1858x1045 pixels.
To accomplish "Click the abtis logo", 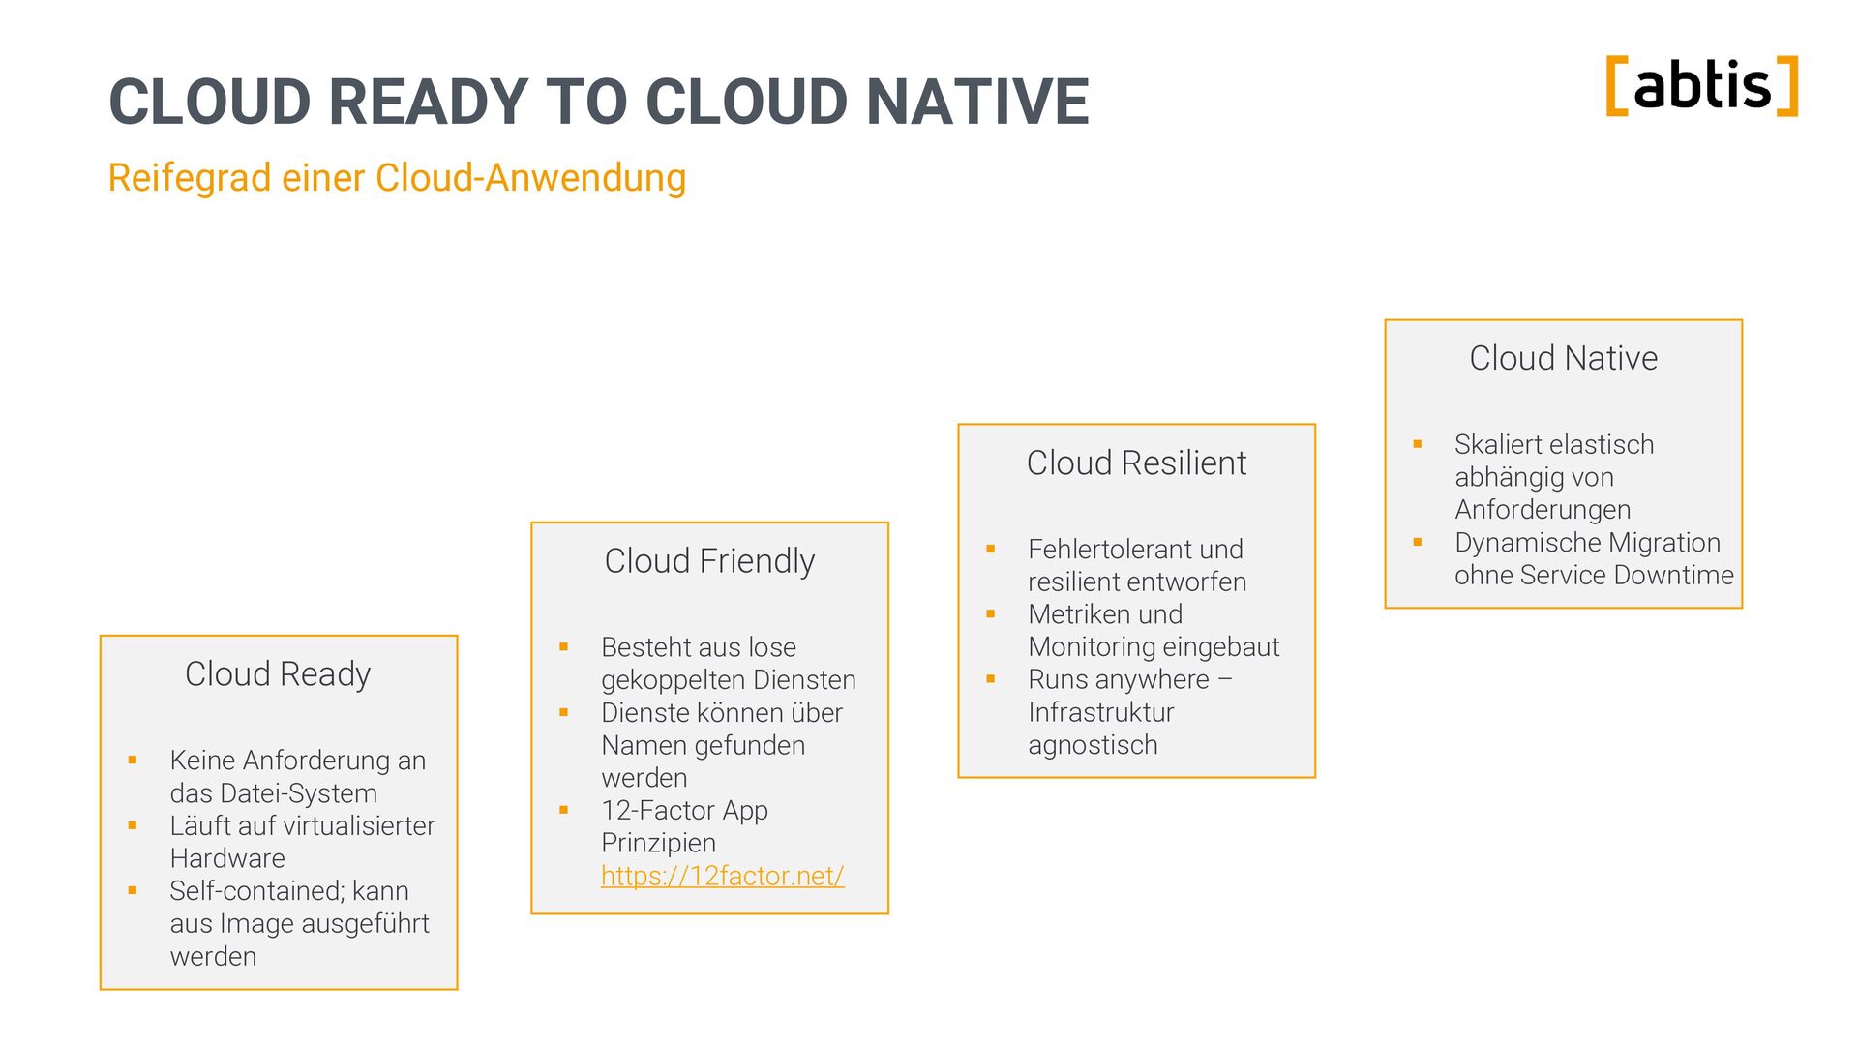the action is click(x=1702, y=86).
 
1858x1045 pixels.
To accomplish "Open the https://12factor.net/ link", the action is click(x=722, y=876).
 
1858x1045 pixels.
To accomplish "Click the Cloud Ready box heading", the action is click(x=278, y=673).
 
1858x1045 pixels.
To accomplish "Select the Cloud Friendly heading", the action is click(x=709, y=560).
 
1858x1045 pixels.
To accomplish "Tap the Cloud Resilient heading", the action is click(x=1136, y=463).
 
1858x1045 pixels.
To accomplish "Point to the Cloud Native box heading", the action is click(x=1563, y=358).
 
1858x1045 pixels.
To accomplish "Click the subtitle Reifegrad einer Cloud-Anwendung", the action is click(x=397, y=178).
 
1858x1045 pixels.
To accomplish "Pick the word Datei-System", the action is click(x=299, y=793).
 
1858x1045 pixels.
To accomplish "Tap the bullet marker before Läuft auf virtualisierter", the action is click(x=133, y=825).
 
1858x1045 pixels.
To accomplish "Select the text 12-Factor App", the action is click(x=684, y=811).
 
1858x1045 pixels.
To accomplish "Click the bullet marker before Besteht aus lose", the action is click(x=563, y=646).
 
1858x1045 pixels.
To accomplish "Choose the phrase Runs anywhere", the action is click(x=1118, y=679).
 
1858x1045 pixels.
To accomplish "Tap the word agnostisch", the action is click(x=1093, y=745).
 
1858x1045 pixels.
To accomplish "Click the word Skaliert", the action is click(x=1501, y=445).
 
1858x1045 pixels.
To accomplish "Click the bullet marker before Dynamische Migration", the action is click(x=1418, y=542).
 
